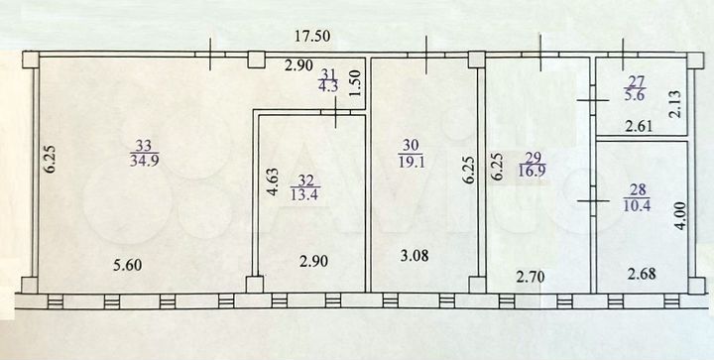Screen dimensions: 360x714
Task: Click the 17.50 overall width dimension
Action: (x=316, y=37)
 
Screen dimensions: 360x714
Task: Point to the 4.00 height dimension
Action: (x=677, y=217)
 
